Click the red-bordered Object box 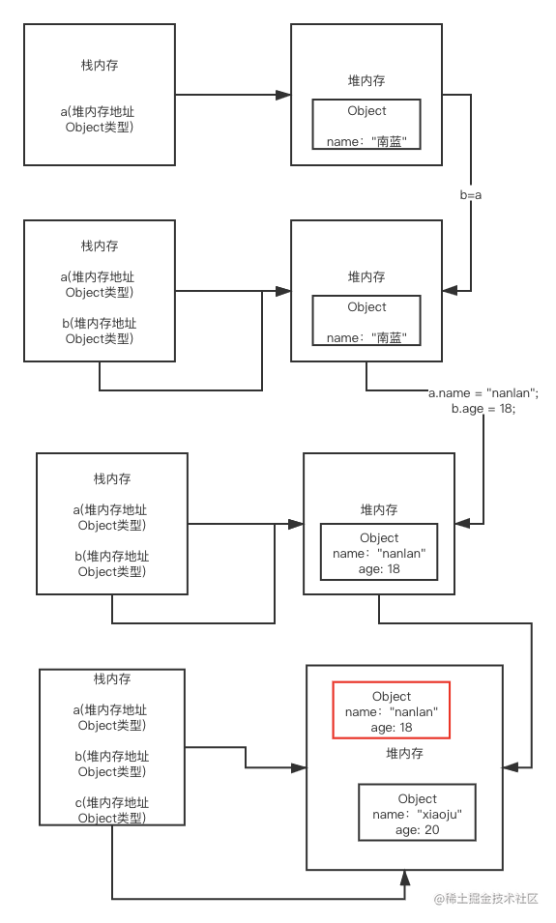[391, 683]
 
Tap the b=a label [471, 195]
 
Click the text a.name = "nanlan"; [483, 393]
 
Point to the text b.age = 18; [483, 409]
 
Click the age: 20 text [417, 830]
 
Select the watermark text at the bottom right [486, 898]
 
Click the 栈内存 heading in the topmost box [100, 66]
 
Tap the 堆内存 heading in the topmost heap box [366, 80]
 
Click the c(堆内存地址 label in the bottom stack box [112, 802]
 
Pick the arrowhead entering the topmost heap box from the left [283, 95]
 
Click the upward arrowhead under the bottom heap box [404, 878]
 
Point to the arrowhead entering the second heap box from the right [450, 290]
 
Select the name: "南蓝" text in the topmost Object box [366, 141]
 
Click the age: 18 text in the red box [391, 728]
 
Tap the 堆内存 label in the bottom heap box [404, 754]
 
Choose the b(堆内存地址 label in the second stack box [100, 323]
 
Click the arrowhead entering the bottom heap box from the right [511, 767]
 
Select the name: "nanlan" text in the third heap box [379, 554]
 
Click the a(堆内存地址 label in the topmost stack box [98, 112]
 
